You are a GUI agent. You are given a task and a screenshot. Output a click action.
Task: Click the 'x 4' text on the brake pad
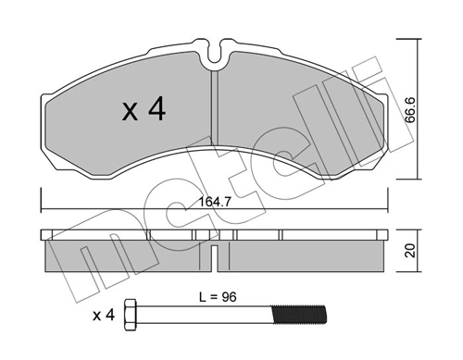tap(144, 112)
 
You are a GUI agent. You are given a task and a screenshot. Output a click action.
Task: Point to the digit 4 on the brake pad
tap(156, 112)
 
